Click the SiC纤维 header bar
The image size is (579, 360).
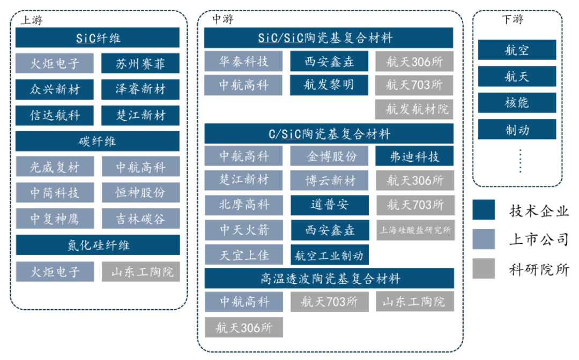click(x=98, y=38)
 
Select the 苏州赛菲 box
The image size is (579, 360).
click(x=140, y=64)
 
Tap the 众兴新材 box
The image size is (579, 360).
click(x=55, y=89)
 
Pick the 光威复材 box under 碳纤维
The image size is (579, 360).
click(x=55, y=167)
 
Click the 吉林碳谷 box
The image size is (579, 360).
click(x=140, y=219)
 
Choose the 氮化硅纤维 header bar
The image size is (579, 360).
click(x=98, y=245)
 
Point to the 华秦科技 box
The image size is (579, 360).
click(x=243, y=61)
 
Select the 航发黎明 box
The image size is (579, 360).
click(x=329, y=85)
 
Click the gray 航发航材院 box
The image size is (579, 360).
click(x=414, y=109)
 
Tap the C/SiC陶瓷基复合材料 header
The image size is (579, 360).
click(x=329, y=133)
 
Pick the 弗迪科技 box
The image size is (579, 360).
click(x=414, y=156)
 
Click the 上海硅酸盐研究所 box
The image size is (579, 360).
click(x=414, y=231)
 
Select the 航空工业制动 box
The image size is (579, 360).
click(x=329, y=256)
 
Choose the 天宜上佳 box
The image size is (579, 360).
click(x=243, y=255)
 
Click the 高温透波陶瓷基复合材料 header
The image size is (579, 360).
click(x=329, y=279)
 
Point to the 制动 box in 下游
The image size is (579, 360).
click(x=517, y=129)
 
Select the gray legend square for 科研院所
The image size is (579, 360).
click(x=484, y=268)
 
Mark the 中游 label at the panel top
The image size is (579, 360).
click(x=222, y=19)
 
